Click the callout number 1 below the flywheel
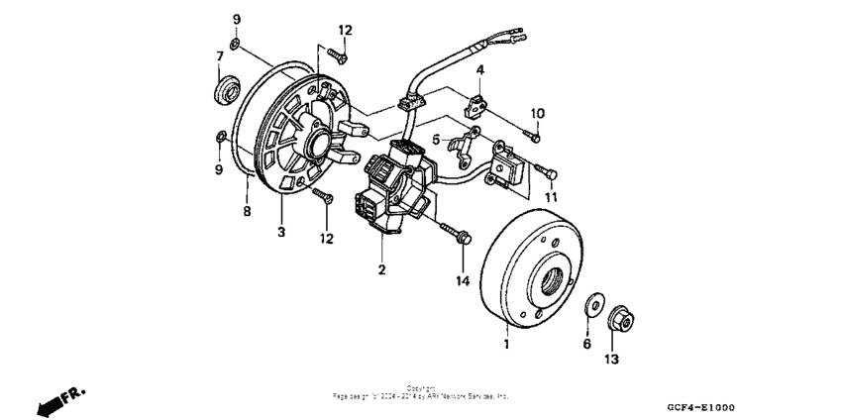[x=507, y=344]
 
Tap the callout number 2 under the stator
[x=380, y=268]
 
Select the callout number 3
[x=280, y=233]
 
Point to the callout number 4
[x=479, y=70]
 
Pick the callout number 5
[x=435, y=140]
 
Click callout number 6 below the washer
[x=586, y=344]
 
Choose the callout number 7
[x=219, y=55]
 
